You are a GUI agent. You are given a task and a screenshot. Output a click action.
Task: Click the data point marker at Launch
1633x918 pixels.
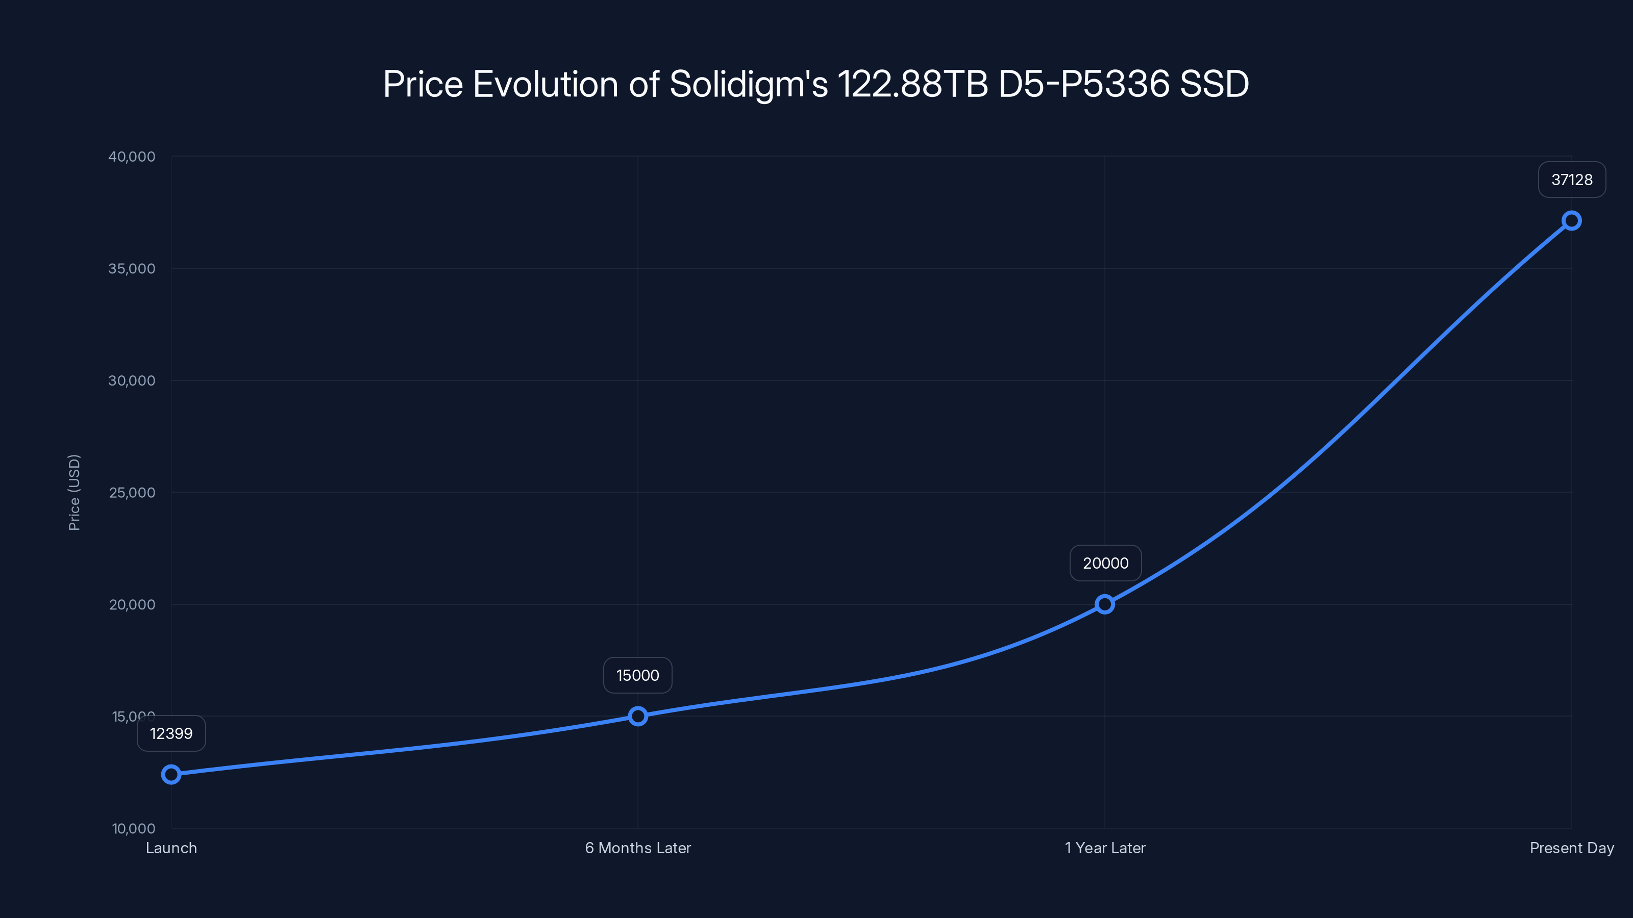point(171,774)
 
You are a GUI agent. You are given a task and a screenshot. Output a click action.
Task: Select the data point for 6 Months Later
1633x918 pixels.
point(638,716)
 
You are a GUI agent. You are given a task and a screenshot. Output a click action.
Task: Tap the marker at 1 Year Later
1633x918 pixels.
point(1105,604)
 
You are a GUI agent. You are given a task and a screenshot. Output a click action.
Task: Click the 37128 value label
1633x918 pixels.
point(1572,180)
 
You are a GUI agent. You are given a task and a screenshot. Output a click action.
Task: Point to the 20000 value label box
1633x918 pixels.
point(1105,563)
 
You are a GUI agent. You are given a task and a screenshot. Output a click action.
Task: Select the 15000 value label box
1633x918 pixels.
point(638,675)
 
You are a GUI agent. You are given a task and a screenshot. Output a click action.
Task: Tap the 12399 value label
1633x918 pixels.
point(171,734)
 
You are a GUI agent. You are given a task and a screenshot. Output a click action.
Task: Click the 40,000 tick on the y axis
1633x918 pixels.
point(132,157)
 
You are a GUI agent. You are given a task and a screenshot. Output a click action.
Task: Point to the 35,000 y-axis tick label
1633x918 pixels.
point(132,269)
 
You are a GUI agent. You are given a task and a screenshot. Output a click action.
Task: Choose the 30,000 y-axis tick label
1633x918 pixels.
point(132,381)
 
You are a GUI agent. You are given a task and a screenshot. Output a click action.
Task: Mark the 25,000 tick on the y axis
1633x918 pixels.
point(132,492)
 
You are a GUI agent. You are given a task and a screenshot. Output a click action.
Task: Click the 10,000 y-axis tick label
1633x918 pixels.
point(134,828)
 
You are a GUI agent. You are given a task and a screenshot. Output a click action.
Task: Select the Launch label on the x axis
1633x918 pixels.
point(171,848)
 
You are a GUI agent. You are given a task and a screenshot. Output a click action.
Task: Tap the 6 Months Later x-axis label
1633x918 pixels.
point(638,848)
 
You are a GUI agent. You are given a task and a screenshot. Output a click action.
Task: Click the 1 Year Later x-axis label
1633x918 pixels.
point(1105,848)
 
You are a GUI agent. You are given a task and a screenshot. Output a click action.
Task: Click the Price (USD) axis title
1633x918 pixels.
point(74,492)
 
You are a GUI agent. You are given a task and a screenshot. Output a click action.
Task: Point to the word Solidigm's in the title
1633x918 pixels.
point(749,84)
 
